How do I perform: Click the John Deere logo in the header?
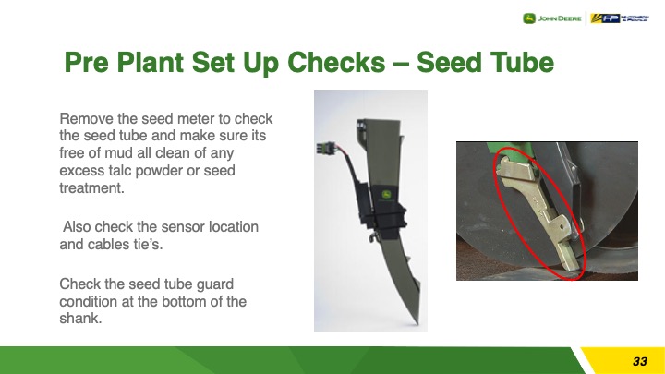551,18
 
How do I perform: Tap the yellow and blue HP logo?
619,18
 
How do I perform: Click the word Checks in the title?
336,63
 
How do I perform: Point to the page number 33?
640,361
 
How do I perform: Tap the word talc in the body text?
120,171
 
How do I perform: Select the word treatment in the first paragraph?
91,187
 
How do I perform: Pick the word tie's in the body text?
149,244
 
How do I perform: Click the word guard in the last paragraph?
214,284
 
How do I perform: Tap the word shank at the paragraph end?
80,319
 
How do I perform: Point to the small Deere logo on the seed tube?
386,195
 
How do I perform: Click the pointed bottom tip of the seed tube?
417,322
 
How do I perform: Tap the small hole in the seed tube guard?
562,227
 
